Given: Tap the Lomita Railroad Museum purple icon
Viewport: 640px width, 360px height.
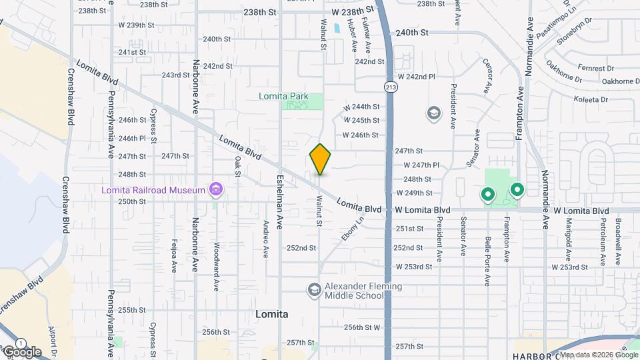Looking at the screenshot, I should [215, 190].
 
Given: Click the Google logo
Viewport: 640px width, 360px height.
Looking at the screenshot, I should [21, 352].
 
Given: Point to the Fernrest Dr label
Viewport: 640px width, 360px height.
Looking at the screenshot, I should [596, 68].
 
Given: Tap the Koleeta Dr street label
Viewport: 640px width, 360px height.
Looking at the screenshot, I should [590, 99].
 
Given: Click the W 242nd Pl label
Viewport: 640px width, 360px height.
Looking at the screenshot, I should [416, 77].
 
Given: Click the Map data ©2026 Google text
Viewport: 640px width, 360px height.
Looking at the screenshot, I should [597, 354].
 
